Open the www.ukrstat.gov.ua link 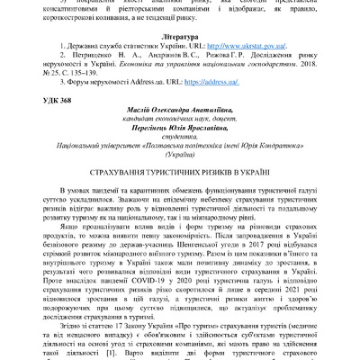tap(237, 42)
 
